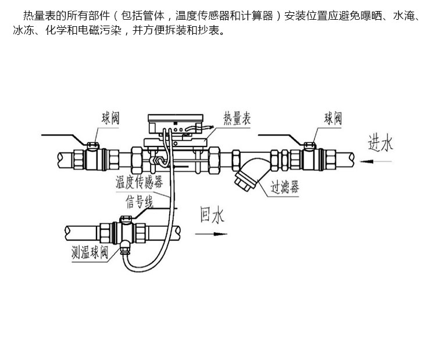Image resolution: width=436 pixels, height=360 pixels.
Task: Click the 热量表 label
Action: [x=237, y=119]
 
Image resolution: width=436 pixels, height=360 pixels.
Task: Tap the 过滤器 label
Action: [x=285, y=187]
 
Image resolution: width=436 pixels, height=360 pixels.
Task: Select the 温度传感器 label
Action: [x=140, y=182]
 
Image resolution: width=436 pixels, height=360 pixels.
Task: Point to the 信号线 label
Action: [x=140, y=201]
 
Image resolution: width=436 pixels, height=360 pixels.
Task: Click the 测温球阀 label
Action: [x=90, y=252]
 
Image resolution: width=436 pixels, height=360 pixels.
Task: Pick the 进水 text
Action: [x=380, y=143]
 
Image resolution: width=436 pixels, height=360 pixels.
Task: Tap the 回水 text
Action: [x=212, y=215]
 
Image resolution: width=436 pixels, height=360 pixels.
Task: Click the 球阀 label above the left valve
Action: [x=110, y=118]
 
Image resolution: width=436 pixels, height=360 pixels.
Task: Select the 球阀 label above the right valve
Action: [x=333, y=118]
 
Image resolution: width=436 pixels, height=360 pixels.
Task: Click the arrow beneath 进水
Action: [x=376, y=161]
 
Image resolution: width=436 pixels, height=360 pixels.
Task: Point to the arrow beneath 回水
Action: [x=212, y=234]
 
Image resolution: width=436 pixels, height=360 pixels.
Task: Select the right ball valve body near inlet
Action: [x=309, y=159]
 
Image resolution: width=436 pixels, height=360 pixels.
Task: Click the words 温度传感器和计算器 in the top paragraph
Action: [x=224, y=16]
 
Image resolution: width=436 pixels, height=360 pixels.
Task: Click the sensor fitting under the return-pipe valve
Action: [x=124, y=248]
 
